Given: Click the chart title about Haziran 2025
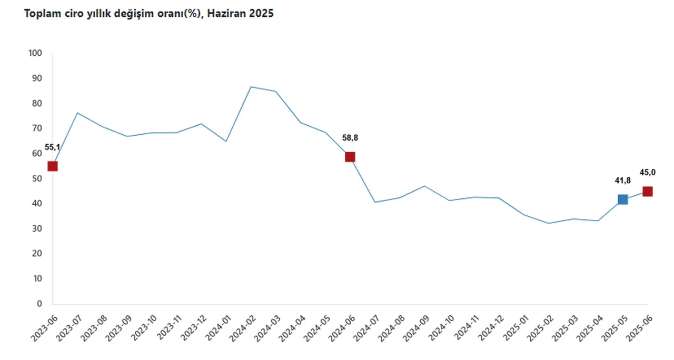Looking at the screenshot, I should click(149, 14).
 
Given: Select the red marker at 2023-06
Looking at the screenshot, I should click(53, 166).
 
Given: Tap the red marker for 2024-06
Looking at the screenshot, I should click(350, 157).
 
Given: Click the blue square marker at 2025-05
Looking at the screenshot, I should click(623, 199).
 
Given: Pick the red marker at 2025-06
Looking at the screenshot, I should click(648, 192).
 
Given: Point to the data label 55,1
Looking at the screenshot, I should click(52, 147).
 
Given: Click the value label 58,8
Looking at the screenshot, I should click(350, 138).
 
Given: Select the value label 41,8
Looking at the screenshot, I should click(622, 181).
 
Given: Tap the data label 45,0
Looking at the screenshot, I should click(648, 172).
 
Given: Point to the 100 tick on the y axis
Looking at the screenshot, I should click(35, 53).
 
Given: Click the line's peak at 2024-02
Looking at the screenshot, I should click(251, 87).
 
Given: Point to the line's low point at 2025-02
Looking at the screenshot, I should click(549, 223).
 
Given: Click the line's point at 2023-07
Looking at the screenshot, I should click(77, 113).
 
